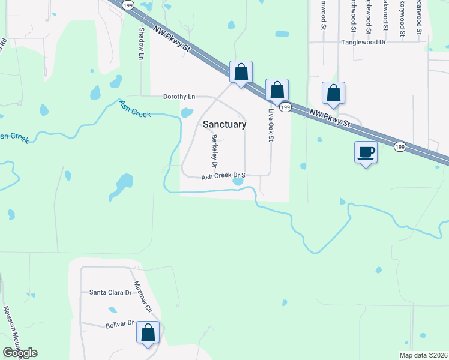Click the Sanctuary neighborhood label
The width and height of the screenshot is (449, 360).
click(x=224, y=125)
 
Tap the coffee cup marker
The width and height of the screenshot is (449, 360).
click(x=366, y=151)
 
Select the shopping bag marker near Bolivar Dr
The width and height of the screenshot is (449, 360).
click(x=148, y=332)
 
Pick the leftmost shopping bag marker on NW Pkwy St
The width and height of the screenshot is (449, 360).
click(x=241, y=72)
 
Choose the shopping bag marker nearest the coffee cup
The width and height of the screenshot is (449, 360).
click(x=333, y=93)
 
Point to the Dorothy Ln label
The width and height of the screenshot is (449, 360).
click(x=179, y=97)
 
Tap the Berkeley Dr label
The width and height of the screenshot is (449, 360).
click(x=214, y=151)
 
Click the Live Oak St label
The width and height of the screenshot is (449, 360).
click(x=271, y=125)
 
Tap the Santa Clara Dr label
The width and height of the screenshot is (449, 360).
click(x=110, y=293)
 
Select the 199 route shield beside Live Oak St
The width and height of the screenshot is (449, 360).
click(x=286, y=107)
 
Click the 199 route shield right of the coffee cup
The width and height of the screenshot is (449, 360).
click(x=399, y=146)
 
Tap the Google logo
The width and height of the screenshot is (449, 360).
click(x=19, y=353)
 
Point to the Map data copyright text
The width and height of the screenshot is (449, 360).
click(x=424, y=355)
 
